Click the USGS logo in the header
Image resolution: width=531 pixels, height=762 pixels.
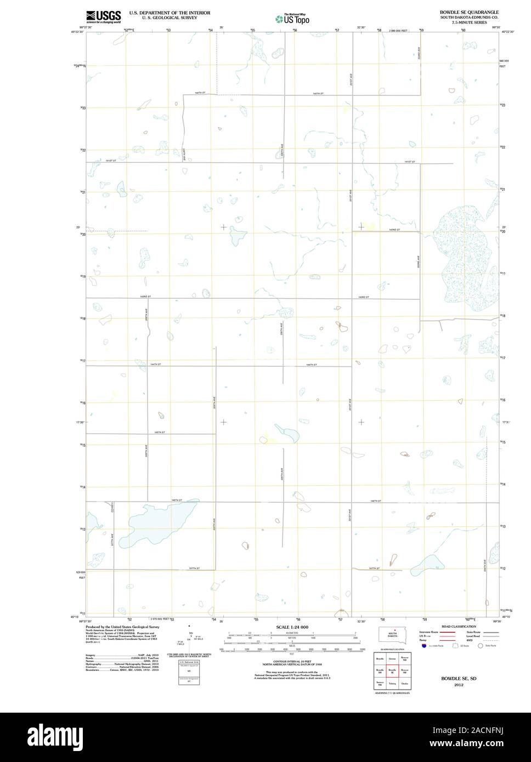click(104, 16)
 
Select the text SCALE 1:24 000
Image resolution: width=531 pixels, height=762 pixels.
click(292, 627)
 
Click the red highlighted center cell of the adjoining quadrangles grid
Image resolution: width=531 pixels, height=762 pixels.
click(392, 670)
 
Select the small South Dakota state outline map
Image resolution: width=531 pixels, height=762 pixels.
click(392, 634)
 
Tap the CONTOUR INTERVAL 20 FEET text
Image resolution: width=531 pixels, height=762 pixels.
click(292, 661)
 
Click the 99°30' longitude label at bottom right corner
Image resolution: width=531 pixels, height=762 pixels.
click(497, 621)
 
